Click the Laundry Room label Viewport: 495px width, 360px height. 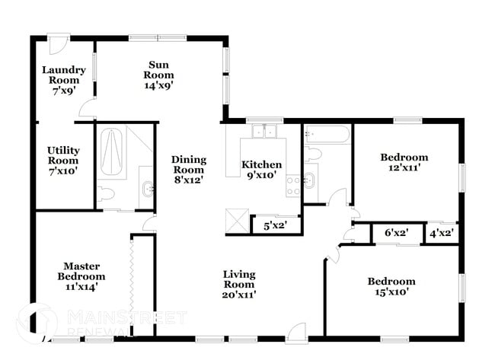(x=63, y=80)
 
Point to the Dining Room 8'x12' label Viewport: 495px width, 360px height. (x=188, y=170)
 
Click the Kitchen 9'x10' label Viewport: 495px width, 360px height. (x=261, y=170)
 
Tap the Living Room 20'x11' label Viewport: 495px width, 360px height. (x=239, y=284)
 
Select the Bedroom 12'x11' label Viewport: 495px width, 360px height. (x=404, y=163)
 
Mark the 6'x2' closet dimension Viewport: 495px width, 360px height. (x=398, y=234)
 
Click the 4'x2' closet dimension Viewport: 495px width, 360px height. (x=442, y=234)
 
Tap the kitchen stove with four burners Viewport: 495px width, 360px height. (x=293, y=185)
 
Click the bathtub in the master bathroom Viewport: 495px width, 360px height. (x=111, y=152)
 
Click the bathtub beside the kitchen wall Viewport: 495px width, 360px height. (x=327, y=135)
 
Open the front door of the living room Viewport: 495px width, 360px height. (x=295, y=332)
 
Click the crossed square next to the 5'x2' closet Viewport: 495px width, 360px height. (x=239, y=222)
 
